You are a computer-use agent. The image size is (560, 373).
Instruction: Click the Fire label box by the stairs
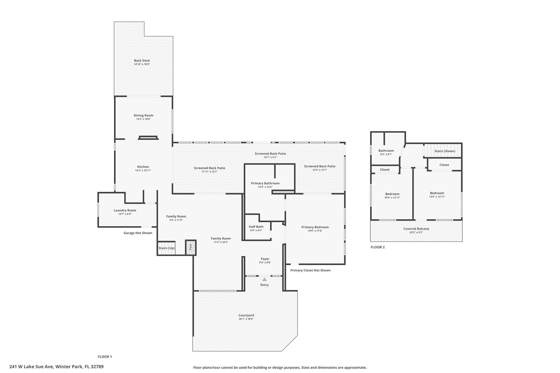point(191,248)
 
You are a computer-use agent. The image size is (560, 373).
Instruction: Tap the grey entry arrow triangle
point(264,279)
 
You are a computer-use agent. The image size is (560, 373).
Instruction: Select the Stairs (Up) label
point(167,248)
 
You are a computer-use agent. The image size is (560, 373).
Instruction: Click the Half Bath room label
point(256,227)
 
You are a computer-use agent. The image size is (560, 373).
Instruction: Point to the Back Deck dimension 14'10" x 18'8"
point(142,64)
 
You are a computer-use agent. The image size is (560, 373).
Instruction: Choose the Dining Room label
point(144,115)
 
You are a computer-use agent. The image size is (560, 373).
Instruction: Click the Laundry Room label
point(125,210)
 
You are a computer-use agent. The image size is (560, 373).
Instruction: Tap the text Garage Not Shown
point(138,233)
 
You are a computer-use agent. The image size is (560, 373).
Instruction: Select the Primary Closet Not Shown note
point(310,270)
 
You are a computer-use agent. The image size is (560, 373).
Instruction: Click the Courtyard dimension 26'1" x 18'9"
point(246,319)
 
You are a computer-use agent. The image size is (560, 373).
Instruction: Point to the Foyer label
point(265,259)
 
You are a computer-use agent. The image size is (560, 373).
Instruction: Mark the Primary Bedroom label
point(315,227)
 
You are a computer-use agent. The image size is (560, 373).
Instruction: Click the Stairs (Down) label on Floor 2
point(445,151)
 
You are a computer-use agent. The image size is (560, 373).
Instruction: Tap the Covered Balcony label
point(416,229)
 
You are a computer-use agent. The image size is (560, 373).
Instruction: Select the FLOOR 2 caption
point(377,247)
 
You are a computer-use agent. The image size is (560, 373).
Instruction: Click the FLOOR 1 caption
point(105,357)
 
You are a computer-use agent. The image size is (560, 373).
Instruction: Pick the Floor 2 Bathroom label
point(386,151)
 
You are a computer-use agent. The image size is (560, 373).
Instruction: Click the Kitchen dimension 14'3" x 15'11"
point(143,171)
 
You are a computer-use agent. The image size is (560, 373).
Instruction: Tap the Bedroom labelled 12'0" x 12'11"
point(437,193)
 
